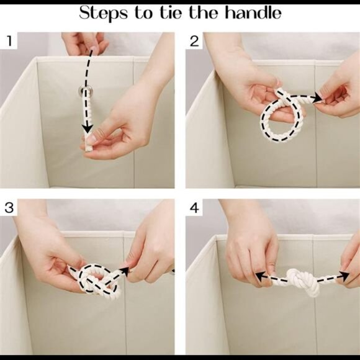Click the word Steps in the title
pos(103,13)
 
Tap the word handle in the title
pos(253,12)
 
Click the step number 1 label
pos(9,41)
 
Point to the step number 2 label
pos(194,42)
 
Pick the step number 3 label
pos(9,207)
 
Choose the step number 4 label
pos(194,208)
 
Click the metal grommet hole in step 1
pos(84,90)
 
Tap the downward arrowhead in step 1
pos(88,128)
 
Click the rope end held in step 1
pos(88,144)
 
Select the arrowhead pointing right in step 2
pos(318,97)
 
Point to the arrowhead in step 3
pos(125,271)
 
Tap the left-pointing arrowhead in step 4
pos(260,276)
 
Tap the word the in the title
pos(203,12)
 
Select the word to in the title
pos(143,13)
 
